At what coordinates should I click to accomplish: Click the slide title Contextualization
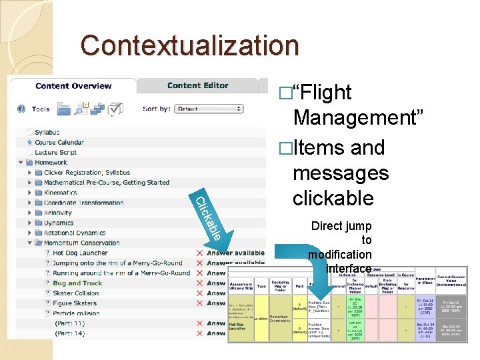point(190,46)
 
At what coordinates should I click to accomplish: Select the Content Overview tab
point(73,85)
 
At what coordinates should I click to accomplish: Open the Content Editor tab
point(197,85)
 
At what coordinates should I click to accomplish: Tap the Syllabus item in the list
point(47,133)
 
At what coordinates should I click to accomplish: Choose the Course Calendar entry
point(59,143)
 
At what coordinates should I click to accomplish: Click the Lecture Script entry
point(55,153)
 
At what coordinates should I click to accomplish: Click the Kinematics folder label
point(60,193)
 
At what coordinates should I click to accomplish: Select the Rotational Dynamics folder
point(75,233)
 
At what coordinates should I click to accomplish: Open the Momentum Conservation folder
point(81,243)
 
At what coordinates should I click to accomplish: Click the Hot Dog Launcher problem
point(80,253)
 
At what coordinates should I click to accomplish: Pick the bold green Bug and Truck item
point(77,283)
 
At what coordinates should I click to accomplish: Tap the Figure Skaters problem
point(75,303)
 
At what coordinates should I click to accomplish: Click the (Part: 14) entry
point(70,333)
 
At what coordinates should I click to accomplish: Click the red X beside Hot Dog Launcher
point(199,253)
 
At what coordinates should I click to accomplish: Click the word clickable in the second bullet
point(333,198)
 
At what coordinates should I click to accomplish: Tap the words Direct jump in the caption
point(341,226)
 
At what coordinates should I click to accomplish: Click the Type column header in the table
point(261,286)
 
